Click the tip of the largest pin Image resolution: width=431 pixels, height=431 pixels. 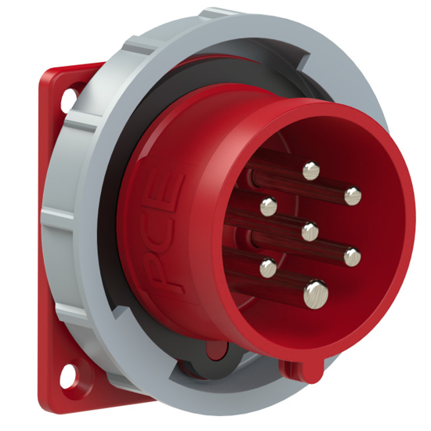(x=317, y=294)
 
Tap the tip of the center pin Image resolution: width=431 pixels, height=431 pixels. (x=310, y=230)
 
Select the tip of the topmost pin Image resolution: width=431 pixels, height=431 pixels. (x=312, y=168)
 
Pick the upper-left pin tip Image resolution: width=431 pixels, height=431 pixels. (x=269, y=206)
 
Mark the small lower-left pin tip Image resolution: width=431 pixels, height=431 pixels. (x=269, y=268)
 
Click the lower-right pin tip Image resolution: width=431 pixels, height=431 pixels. (x=351, y=255)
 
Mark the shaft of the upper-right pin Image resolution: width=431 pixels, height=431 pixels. (x=329, y=190)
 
